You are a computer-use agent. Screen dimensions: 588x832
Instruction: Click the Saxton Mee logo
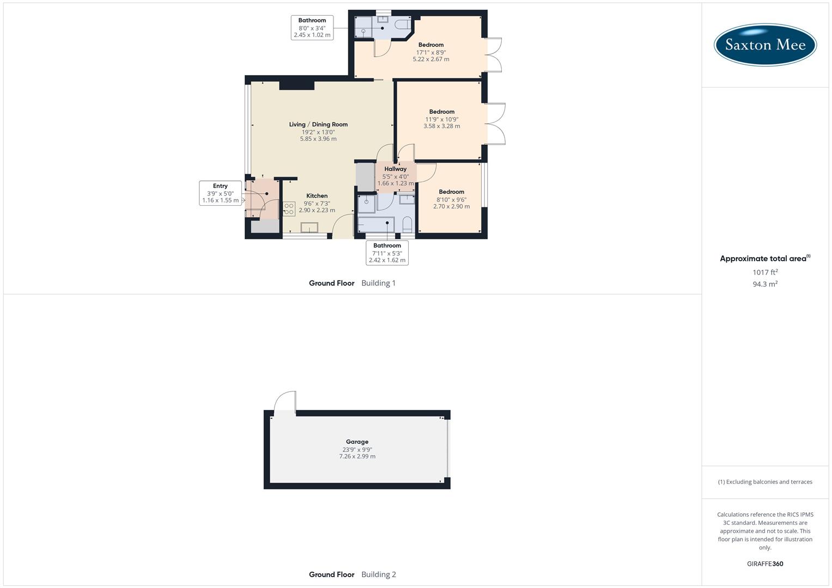(764, 45)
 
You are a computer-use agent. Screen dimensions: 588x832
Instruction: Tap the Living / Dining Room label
(318, 125)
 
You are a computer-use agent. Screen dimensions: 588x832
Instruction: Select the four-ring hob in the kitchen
(289, 209)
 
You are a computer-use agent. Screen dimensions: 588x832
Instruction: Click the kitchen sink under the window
(309, 228)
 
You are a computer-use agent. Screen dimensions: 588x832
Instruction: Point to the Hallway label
(395, 169)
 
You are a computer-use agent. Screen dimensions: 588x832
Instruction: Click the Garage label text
(357, 442)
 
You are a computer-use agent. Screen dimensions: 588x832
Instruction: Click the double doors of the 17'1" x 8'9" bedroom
(494, 54)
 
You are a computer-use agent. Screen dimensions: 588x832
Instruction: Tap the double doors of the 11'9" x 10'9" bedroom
(496, 124)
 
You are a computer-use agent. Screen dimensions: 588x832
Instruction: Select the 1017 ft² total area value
(765, 272)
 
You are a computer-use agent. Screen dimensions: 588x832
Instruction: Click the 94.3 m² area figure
(765, 284)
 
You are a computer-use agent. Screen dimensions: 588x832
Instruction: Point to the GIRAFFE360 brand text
(765, 564)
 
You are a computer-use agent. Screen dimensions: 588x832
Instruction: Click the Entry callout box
(220, 193)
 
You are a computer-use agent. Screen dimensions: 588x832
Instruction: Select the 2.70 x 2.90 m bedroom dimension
(451, 207)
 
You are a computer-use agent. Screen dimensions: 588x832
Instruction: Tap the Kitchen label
(317, 196)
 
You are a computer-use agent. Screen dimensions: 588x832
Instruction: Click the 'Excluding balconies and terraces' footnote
(765, 482)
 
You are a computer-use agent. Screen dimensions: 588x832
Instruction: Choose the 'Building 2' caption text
(379, 574)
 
